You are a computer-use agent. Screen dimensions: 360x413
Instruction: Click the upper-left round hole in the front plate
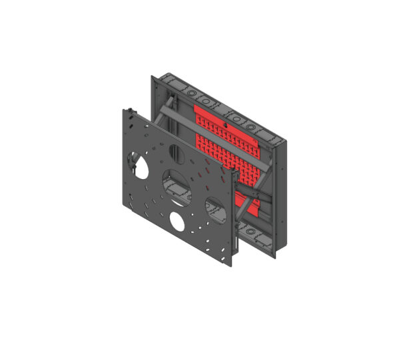tap(139, 164)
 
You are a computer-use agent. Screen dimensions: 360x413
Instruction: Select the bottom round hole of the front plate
tap(178, 221)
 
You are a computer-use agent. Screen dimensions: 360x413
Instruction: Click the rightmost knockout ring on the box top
tap(272, 134)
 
